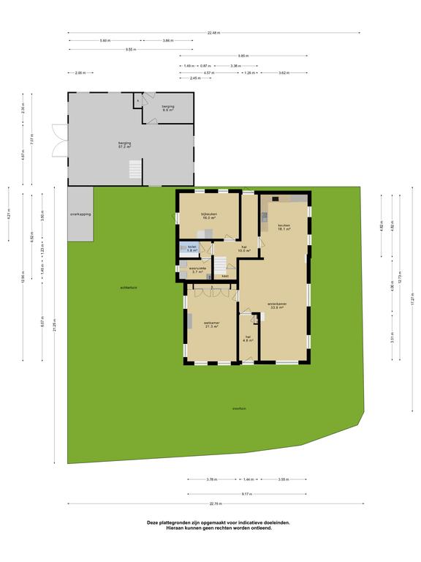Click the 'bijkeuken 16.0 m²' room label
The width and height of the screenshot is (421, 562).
coord(210,217)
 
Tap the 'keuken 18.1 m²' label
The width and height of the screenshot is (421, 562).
coord(284,227)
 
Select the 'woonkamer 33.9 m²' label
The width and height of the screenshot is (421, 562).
coord(276,305)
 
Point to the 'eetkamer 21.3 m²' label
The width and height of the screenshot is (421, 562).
coord(212,324)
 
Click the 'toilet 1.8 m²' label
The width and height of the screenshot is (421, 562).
coord(192,249)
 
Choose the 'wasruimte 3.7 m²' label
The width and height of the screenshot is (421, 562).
coord(197,270)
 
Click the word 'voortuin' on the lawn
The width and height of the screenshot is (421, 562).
coord(239,408)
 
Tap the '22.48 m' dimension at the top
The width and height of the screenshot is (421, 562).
coord(213,33)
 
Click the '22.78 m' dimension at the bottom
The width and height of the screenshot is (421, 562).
coord(215,503)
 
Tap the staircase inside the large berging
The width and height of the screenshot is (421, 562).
coord(133,171)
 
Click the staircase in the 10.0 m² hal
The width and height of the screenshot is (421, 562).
coord(221,265)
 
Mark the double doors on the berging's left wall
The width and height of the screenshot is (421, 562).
coord(58,140)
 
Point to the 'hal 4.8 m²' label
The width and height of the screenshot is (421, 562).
coord(249,339)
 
